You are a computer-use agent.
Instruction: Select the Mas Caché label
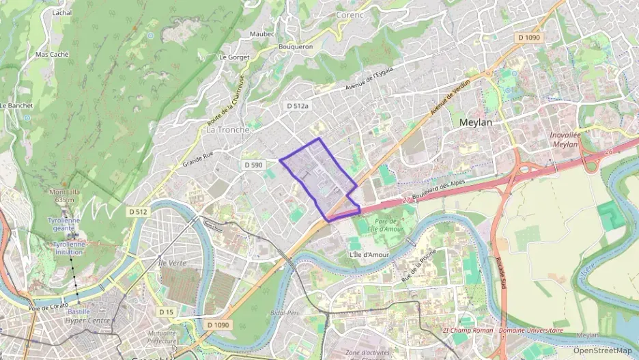[52, 54]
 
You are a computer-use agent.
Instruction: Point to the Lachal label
[62, 13]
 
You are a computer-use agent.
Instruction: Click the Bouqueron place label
[296, 46]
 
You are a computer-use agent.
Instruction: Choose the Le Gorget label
[234, 57]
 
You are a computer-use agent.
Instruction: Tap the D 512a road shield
[298, 106]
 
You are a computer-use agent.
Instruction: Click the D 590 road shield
[253, 165]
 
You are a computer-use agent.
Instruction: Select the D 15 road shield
[166, 311]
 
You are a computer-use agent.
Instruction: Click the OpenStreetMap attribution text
[602, 350]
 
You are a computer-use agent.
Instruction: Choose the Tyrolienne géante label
[63, 225]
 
